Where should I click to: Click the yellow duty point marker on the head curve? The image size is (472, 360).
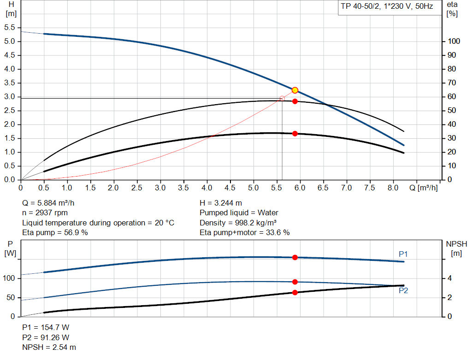click(x=295, y=90)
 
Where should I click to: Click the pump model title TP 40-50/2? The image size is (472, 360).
click(x=387, y=7)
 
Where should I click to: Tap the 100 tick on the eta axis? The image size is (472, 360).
click(x=454, y=41)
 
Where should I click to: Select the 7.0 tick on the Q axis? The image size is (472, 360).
click(x=346, y=188)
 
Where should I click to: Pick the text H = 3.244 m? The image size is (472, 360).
click(x=221, y=203)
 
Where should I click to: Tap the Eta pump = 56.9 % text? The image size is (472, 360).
click(x=55, y=233)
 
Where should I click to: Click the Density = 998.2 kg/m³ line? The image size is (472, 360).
click(x=238, y=223)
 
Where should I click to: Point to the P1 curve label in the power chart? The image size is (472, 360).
click(x=403, y=254)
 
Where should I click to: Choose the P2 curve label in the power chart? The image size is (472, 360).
click(x=403, y=291)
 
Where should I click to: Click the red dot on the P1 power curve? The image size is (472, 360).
click(x=295, y=257)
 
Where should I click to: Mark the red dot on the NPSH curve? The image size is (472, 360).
click(x=295, y=292)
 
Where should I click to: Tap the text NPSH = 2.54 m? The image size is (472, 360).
click(x=49, y=347)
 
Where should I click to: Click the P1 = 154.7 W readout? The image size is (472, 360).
click(x=46, y=327)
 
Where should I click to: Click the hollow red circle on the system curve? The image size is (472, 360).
click(x=282, y=98)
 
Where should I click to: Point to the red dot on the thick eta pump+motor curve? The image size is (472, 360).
click(x=295, y=134)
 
